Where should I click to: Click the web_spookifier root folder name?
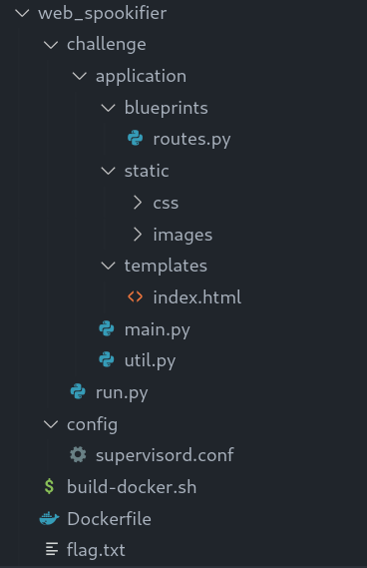click(x=102, y=14)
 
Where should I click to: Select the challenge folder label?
click(x=107, y=45)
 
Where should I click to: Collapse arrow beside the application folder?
click(x=79, y=76)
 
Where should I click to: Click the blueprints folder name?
click(x=167, y=108)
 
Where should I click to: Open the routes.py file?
click(x=191, y=140)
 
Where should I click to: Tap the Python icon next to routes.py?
click(x=136, y=139)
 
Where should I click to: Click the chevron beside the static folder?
click(x=108, y=171)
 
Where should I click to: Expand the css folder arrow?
click(x=138, y=203)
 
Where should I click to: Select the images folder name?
click(x=183, y=235)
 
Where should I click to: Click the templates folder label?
click(x=166, y=266)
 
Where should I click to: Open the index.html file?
click(x=197, y=297)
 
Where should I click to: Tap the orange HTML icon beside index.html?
click(x=135, y=297)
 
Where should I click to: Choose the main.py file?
click(x=158, y=329)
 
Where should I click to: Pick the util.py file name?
click(x=150, y=360)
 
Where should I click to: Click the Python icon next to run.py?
click(x=78, y=391)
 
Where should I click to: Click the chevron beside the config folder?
click(x=50, y=424)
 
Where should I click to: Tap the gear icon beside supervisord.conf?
click(x=78, y=454)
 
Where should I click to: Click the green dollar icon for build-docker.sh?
click(x=49, y=486)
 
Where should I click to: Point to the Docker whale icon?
click(x=49, y=519)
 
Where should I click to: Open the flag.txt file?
click(x=96, y=550)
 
